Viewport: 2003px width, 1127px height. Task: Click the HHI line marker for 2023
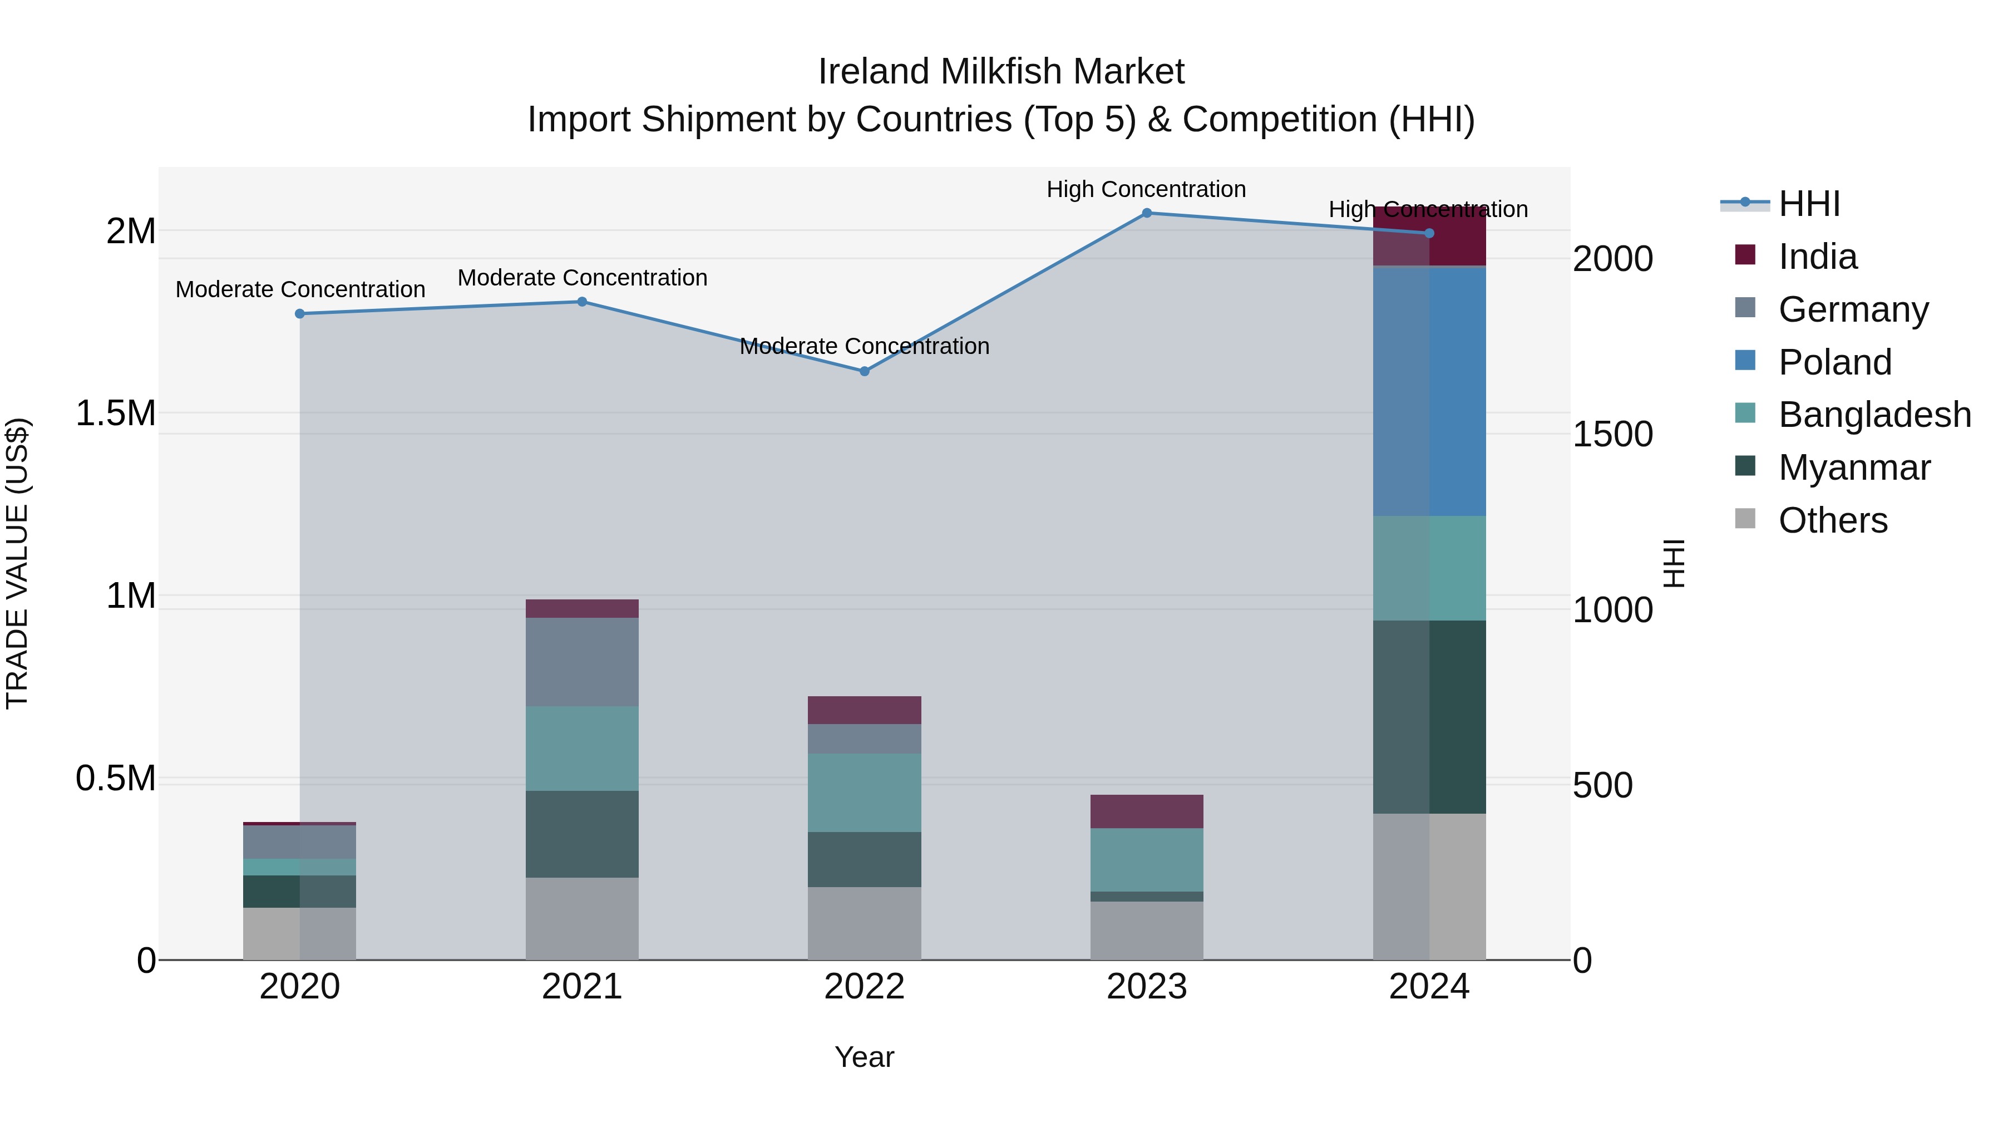click(x=1146, y=213)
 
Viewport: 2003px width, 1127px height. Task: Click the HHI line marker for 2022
click(x=864, y=371)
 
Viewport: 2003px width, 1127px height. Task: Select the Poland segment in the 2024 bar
click(x=1429, y=391)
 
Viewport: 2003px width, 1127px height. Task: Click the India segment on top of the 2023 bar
click(x=1146, y=811)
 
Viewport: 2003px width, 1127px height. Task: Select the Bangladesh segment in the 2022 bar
click(x=864, y=792)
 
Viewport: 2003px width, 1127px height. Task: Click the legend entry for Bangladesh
click(x=1874, y=415)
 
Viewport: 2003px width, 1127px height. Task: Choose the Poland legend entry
click(x=1834, y=362)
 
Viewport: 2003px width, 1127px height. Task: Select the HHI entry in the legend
click(x=1809, y=204)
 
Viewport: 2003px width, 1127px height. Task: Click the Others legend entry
click(x=1832, y=520)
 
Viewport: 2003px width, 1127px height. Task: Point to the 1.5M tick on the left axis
click(x=115, y=413)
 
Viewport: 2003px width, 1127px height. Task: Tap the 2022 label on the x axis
click(x=864, y=987)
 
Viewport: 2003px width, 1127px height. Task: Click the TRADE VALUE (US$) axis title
click(x=17, y=563)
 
